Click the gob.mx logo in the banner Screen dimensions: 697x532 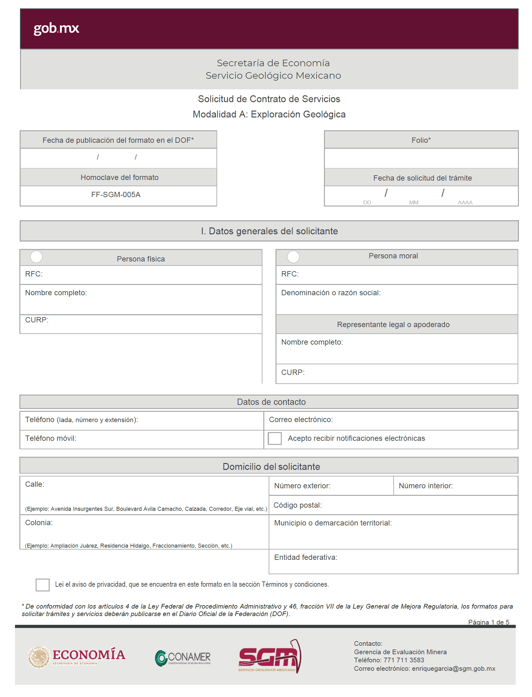tap(56, 28)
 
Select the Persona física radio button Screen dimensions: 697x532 tap(37, 256)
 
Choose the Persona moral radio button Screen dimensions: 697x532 tap(293, 256)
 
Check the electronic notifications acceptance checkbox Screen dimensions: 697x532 tap(275, 438)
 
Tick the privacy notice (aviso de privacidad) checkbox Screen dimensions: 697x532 tap(42, 585)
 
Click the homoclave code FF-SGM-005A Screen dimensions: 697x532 tap(116, 195)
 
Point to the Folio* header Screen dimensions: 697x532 tap(421, 140)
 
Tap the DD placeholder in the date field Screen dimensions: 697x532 tap(367, 202)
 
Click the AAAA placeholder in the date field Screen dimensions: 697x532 tap(465, 202)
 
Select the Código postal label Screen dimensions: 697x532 tap(297, 505)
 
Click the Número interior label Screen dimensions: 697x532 tap(425, 486)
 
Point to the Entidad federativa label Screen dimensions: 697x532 tap(306, 557)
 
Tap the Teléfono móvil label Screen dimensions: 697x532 tap(51, 438)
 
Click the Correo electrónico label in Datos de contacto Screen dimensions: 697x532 tap(301, 420)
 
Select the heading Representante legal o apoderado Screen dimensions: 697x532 tap(393, 325)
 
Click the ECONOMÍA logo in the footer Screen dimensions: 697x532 tap(77, 657)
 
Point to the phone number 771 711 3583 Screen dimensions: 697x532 tap(404, 660)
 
